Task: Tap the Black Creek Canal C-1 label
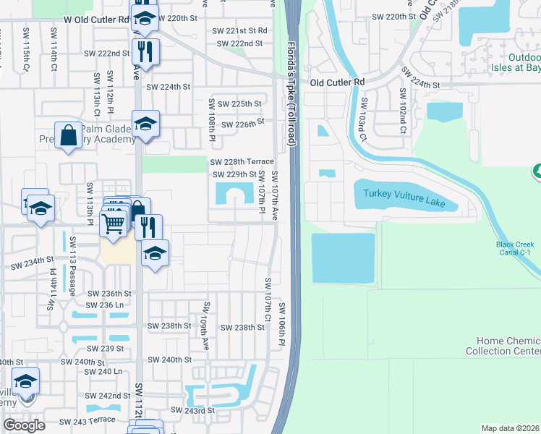[x=516, y=249]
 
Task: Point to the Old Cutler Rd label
[x=337, y=83]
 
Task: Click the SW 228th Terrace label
[x=242, y=161]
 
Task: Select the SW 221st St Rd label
[x=240, y=30]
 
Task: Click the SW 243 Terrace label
[x=87, y=421]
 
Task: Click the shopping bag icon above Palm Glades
[x=69, y=135]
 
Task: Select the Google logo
[x=24, y=425]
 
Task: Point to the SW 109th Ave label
[x=205, y=318]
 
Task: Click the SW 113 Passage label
[x=72, y=269]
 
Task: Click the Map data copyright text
[x=511, y=428]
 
